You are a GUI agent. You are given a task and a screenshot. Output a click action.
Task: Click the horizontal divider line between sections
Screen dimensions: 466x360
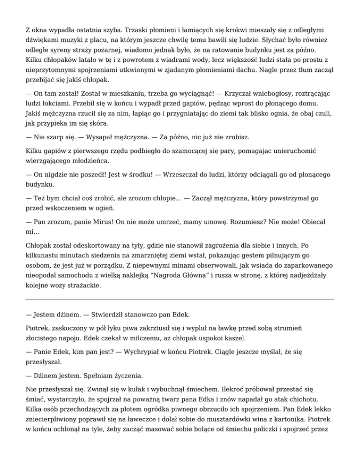180,299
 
